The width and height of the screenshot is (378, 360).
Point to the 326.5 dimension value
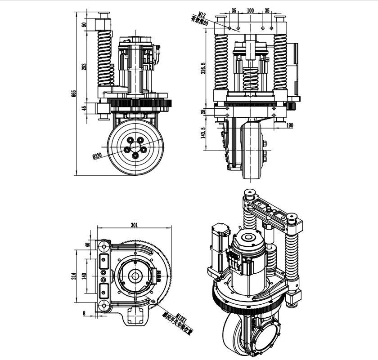[x=203, y=68]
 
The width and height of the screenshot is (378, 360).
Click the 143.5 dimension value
[x=203, y=133]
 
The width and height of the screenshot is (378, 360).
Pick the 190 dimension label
[x=289, y=126]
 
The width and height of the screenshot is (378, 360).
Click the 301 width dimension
[x=134, y=226]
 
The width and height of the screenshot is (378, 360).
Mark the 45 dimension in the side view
[x=84, y=108]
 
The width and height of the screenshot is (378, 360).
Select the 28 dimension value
[x=203, y=111]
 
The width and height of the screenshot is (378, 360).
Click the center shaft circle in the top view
[x=135, y=276]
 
